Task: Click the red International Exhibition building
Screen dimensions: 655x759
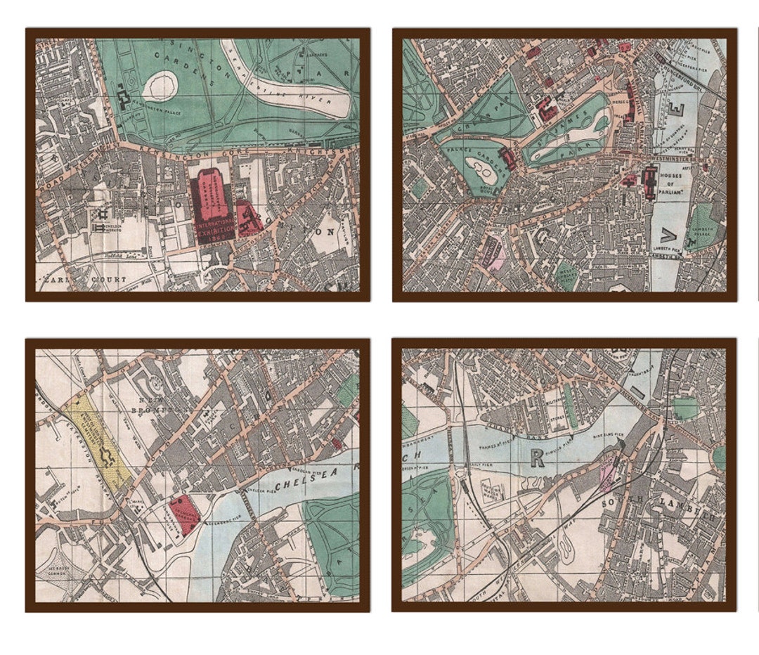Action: [214, 204]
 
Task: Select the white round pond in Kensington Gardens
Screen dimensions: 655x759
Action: [161, 86]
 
